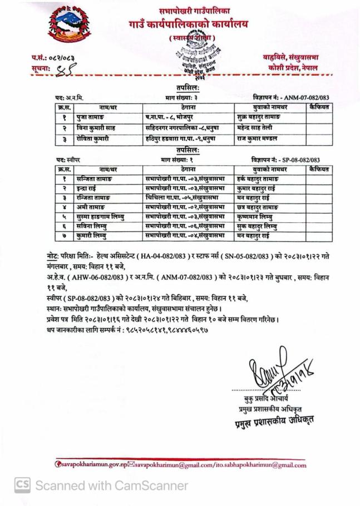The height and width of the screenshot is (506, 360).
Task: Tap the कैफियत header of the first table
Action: point(320,107)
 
